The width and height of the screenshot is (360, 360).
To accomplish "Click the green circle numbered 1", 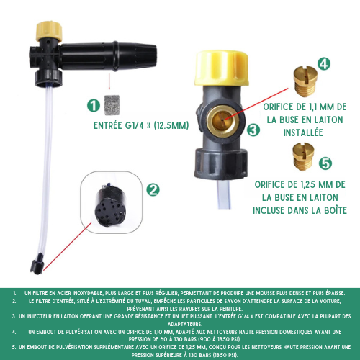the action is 94,106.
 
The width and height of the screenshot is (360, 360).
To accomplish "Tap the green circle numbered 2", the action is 153,189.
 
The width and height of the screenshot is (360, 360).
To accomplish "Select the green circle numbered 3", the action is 253,130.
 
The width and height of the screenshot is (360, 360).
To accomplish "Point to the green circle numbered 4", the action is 324,64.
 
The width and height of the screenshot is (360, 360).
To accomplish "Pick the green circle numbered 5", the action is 325,163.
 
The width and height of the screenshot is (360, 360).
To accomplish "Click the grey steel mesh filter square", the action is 112,105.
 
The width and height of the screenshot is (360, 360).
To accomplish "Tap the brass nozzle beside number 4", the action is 305,81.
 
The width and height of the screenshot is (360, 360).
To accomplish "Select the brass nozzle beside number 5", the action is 303,156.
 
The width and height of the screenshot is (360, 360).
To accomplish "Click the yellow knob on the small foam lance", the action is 49,31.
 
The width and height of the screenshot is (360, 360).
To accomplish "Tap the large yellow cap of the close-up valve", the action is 221,68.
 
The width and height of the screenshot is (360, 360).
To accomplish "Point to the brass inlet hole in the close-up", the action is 221,121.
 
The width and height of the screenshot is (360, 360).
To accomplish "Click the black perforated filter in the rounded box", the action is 111,206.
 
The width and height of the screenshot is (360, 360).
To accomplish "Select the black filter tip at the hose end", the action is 37,264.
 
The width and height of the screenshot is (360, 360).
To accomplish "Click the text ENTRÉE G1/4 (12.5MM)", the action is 141,125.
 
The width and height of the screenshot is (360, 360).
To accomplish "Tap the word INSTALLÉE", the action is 303,132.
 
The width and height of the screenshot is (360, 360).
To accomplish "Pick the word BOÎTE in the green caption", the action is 336,210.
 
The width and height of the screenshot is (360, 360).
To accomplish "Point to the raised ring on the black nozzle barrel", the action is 115,56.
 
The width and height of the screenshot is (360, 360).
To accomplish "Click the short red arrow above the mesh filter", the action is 109,81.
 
